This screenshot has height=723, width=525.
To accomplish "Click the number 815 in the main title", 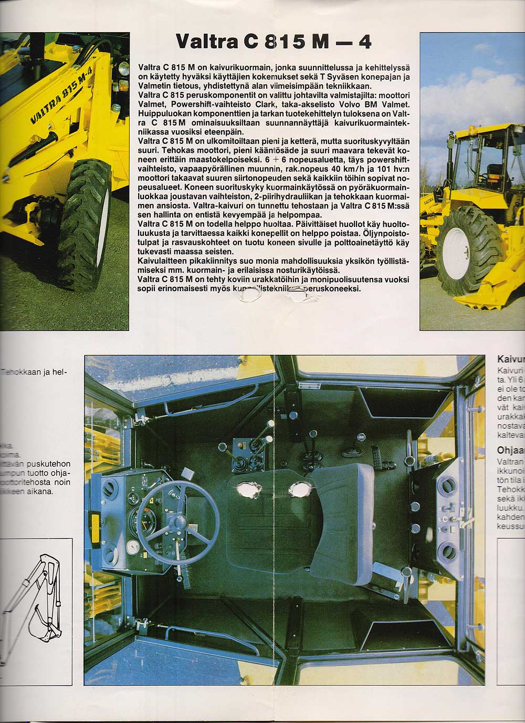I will tap(281, 40).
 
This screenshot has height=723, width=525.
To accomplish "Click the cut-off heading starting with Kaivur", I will tap(510, 360).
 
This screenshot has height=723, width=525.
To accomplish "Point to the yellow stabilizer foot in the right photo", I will tap(483, 299).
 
